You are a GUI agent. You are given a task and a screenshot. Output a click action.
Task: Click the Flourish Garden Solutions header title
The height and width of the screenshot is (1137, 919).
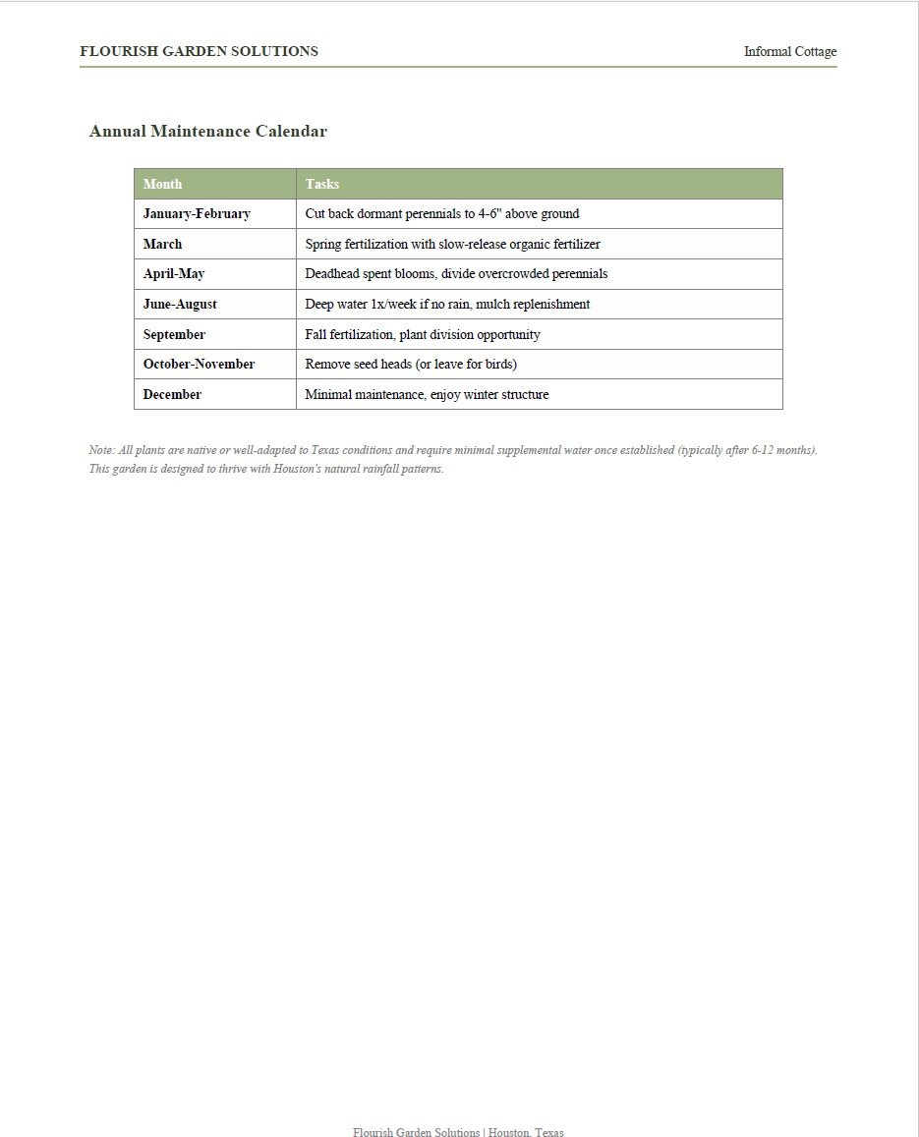[x=199, y=51]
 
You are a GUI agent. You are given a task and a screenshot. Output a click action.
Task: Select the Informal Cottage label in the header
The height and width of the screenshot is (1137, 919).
[x=789, y=52]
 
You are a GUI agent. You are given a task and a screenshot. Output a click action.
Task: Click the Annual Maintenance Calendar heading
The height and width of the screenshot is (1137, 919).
[x=207, y=131]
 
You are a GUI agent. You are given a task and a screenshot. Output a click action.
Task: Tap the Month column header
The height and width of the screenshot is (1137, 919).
[x=162, y=184]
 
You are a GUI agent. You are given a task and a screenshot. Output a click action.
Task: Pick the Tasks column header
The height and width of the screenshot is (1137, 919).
[x=321, y=184]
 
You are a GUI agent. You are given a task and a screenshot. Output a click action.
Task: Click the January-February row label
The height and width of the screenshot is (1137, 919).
[x=197, y=213]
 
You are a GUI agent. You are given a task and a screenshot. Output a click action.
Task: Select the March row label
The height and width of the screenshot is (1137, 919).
[x=162, y=244]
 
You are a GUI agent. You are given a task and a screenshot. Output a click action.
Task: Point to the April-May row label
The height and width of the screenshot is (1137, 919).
[x=174, y=273]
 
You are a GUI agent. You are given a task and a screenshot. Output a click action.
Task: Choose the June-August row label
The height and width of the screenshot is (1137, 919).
[x=180, y=304]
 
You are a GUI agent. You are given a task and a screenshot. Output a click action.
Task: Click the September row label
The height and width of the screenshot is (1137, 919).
[x=174, y=334]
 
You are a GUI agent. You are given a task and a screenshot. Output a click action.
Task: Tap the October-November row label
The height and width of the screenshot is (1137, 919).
[x=199, y=364]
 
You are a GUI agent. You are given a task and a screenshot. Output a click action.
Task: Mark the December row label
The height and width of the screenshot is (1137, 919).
[x=172, y=394]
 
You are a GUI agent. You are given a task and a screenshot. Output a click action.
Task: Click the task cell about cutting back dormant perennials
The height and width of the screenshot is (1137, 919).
[x=441, y=213]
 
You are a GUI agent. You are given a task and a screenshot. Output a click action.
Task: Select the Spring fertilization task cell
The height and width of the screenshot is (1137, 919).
[x=452, y=244]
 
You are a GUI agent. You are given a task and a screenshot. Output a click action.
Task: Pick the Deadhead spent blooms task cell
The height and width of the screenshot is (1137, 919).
[x=456, y=273]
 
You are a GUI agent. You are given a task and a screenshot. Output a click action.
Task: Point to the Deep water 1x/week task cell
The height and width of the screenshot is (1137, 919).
[x=447, y=304]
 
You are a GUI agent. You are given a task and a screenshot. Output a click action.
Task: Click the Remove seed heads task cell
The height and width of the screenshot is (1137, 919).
[x=411, y=364]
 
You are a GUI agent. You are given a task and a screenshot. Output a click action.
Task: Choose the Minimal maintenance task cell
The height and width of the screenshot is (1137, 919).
[x=427, y=394]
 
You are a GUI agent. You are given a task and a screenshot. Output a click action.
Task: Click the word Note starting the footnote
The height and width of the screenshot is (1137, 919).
[x=100, y=450]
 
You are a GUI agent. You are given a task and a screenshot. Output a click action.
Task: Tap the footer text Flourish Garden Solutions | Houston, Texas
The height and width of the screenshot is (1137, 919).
[x=458, y=1132]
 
